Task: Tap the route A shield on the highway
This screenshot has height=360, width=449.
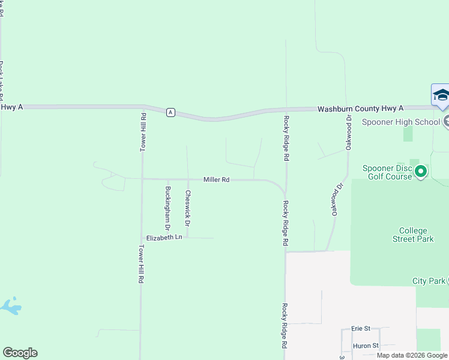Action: click(171, 112)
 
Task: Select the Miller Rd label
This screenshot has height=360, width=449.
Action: click(217, 179)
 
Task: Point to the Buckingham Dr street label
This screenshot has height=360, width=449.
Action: click(168, 208)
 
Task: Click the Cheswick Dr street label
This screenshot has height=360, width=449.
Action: click(188, 208)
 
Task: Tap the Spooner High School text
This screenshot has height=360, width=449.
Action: click(401, 122)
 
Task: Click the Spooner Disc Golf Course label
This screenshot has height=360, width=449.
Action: click(387, 172)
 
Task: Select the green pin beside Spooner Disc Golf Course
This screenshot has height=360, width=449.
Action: click(421, 172)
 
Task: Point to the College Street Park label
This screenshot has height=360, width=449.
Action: click(413, 235)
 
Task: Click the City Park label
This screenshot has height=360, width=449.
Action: click(429, 281)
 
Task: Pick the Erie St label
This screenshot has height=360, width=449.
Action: click(361, 328)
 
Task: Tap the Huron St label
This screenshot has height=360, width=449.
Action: click(365, 346)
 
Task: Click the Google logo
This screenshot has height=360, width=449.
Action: click(20, 353)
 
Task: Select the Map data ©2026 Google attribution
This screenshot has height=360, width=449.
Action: click(412, 355)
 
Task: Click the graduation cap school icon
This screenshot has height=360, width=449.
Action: click(441, 95)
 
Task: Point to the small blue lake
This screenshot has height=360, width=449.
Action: click(11, 306)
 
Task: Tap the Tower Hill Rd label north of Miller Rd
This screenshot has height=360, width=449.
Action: click(143, 131)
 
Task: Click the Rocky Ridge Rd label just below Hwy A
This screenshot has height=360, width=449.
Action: click(287, 138)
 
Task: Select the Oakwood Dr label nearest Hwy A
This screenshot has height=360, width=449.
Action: click(348, 132)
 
